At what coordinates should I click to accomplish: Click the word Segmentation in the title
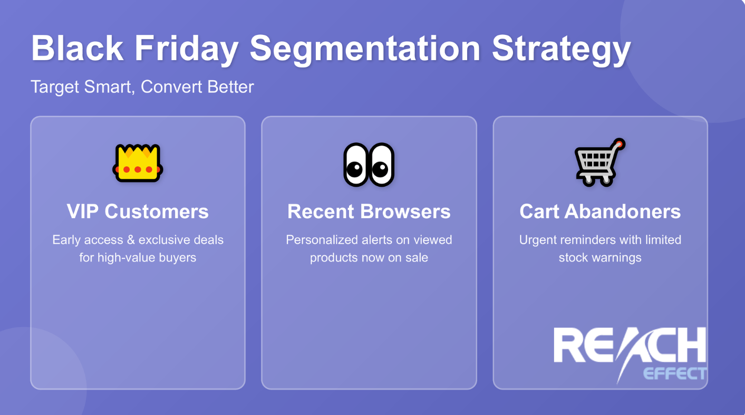coord(365,49)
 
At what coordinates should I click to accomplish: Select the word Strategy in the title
coord(561,49)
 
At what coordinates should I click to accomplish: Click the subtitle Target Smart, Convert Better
coord(142,86)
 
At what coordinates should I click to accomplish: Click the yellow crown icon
coord(138,163)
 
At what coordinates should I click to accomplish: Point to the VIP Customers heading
coord(138,211)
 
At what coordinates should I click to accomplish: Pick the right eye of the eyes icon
coord(381,165)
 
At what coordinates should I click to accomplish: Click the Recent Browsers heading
coord(369,211)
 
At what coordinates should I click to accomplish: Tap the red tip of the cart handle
coord(620,143)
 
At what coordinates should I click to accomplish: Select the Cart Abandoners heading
coord(600,211)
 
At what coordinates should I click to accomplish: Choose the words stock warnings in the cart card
coord(600,258)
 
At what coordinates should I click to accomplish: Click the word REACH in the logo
coord(630,346)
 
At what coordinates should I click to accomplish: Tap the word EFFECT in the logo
coord(674,373)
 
